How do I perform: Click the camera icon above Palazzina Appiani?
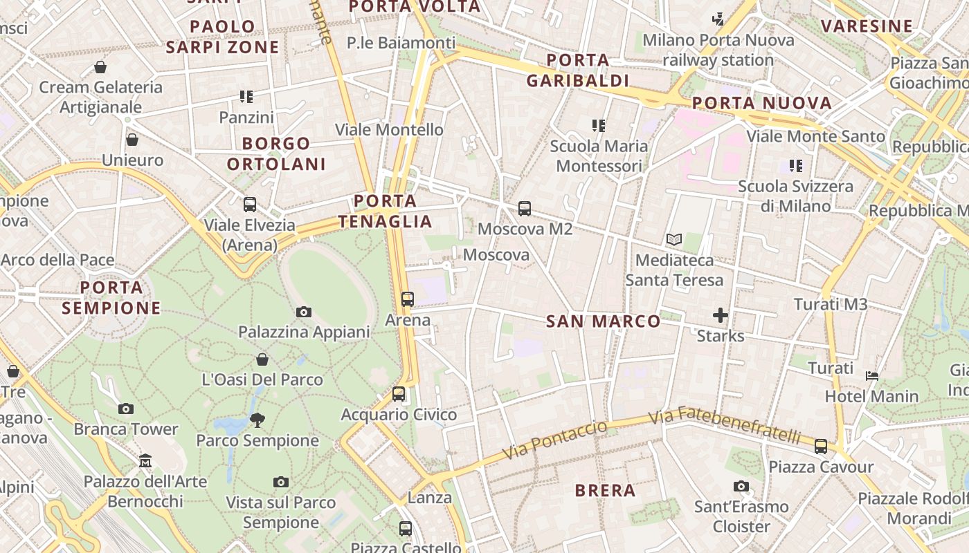tap(303, 312)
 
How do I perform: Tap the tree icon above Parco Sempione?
tap(257, 420)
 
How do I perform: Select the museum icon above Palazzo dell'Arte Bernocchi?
tap(145, 460)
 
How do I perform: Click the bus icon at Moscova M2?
tap(525, 208)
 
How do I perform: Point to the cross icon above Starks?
tap(721, 316)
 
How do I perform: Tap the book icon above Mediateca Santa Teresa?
tap(673, 240)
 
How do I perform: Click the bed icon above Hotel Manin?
tap(872, 376)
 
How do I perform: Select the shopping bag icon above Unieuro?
tap(132, 140)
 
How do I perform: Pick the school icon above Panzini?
tap(246, 97)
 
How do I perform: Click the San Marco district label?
tap(604, 321)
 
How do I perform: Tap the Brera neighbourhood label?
tap(605, 491)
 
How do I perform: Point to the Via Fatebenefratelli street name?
tap(725, 427)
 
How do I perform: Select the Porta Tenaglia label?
tap(386, 212)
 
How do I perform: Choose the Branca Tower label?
tap(126, 429)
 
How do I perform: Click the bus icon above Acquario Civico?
tap(399, 394)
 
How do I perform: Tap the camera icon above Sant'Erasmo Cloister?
tap(741, 487)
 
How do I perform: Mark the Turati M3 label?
tap(831, 304)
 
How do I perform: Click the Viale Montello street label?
tap(389, 130)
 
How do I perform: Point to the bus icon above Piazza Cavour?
tap(821, 447)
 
